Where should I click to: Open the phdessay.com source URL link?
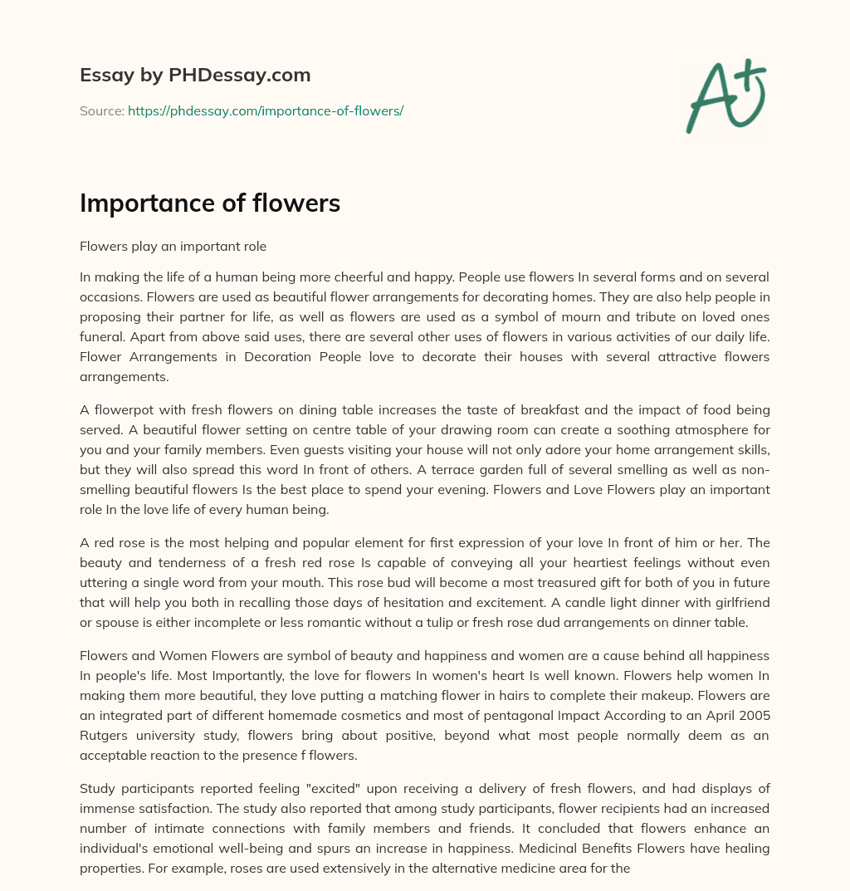click(265, 110)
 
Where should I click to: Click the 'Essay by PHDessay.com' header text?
click(195, 76)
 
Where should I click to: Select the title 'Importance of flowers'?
click(210, 203)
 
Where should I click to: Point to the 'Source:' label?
click(101, 110)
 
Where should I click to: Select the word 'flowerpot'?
click(123, 409)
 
